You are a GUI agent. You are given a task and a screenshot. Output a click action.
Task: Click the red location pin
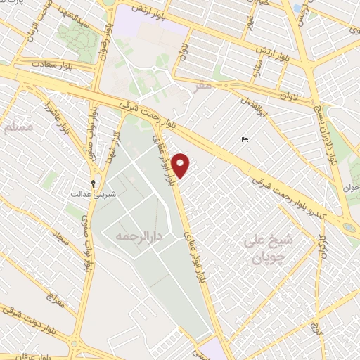[181, 165]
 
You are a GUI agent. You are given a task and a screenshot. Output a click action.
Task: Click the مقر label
[203, 86]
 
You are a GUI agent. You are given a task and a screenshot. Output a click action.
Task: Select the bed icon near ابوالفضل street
[244, 140]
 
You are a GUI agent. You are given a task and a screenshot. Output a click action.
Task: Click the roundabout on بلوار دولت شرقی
[75, 344]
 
